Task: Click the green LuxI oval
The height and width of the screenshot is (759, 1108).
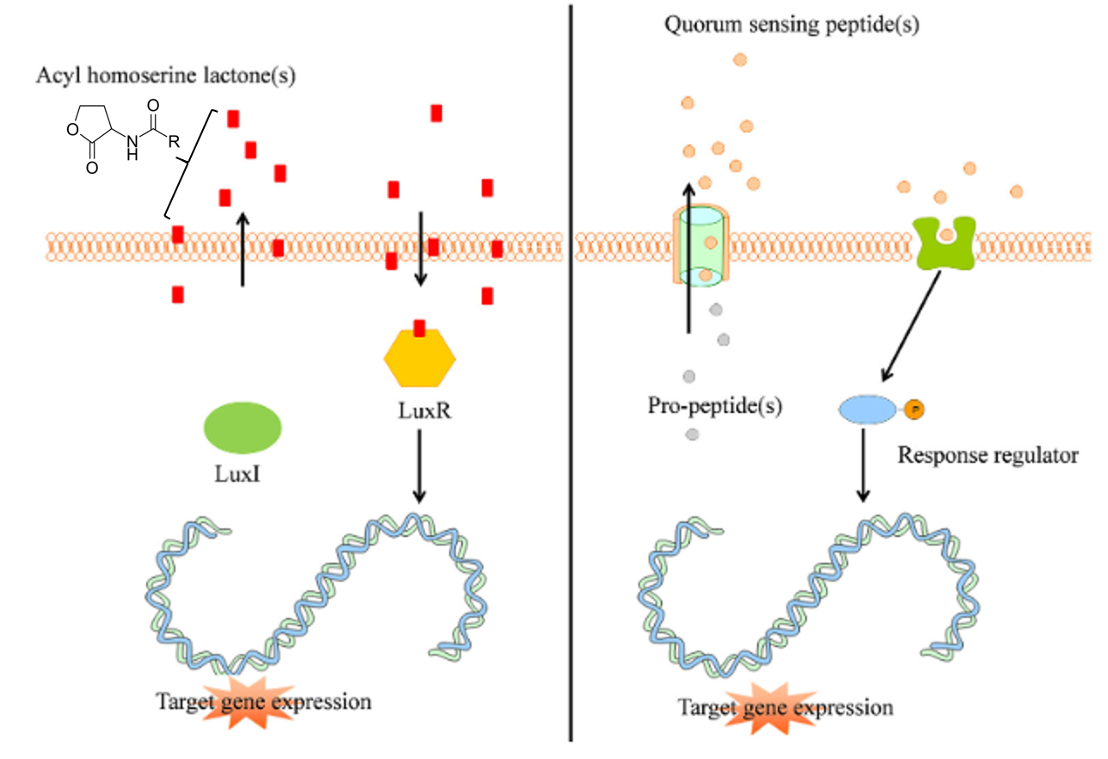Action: point(242,427)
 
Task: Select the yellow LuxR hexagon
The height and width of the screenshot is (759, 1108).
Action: point(419,361)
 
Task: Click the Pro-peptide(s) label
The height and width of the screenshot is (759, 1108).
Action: point(715,405)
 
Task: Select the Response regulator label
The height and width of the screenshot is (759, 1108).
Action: point(988,454)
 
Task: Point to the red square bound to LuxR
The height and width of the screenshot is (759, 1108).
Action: point(419,328)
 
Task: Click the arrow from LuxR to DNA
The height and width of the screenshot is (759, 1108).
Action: point(419,465)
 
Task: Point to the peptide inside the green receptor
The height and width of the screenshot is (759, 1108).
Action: point(945,234)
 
